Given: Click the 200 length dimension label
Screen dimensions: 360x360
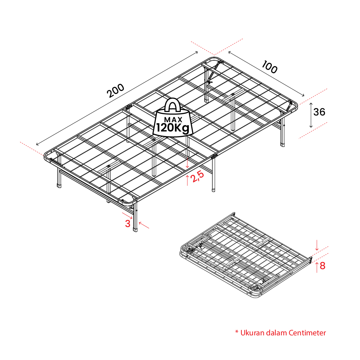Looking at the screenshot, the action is pyautogui.click(x=116, y=90).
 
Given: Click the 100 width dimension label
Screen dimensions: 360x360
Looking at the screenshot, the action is pyautogui.click(x=269, y=67).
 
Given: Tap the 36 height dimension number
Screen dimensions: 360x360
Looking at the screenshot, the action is pyautogui.click(x=319, y=112).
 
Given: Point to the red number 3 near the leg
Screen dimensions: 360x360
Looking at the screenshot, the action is pyautogui.click(x=128, y=223).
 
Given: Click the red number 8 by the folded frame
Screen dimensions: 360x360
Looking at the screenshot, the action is pyautogui.click(x=322, y=266).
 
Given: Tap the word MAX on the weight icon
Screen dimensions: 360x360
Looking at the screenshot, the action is pyautogui.click(x=174, y=119).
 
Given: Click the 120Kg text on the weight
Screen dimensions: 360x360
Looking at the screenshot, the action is pyautogui.click(x=173, y=128).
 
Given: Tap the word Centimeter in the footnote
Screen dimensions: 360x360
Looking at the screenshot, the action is pyautogui.click(x=307, y=333).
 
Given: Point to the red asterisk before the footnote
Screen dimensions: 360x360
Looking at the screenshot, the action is pyautogui.click(x=237, y=332).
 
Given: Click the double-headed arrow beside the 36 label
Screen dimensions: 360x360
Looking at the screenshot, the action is pyautogui.click(x=311, y=115).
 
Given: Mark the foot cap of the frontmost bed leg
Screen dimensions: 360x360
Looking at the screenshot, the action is pyautogui.click(x=135, y=229).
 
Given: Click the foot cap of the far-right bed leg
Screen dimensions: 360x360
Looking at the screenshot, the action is pyautogui.click(x=283, y=145).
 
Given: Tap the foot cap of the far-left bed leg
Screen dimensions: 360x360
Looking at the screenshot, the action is pyautogui.click(x=59, y=185).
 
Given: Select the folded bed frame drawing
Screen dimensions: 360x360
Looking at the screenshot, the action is pyautogui.click(x=246, y=255).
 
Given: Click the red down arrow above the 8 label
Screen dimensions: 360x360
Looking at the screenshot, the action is pyautogui.click(x=317, y=245).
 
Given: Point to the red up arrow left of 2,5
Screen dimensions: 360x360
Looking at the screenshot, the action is pyautogui.click(x=187, y=180).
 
